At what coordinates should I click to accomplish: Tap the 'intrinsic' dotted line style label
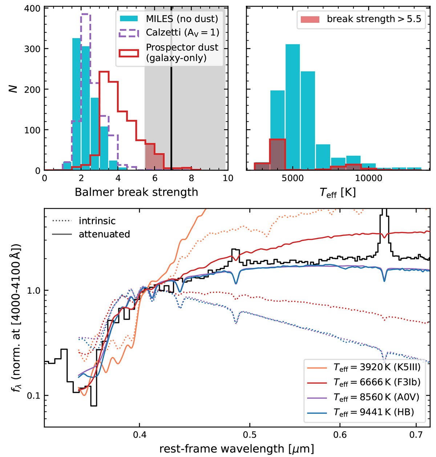[x=97, y=221]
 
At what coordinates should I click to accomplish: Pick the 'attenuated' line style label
[x=104, y=234]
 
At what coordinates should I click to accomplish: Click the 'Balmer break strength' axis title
[x=136, y=192]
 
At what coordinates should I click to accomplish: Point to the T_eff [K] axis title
[x=338, y=192]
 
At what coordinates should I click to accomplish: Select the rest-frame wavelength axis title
[x=237, y=449]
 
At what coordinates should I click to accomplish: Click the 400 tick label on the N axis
[x=32, y=8]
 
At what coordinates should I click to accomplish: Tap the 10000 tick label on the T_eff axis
[x=369, y=178]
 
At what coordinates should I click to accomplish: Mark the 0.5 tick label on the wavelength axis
[x=250, y=434]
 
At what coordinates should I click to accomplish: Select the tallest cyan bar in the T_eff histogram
[x=292, y=107]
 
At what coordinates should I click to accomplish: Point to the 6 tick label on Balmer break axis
[x=155, y=178]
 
